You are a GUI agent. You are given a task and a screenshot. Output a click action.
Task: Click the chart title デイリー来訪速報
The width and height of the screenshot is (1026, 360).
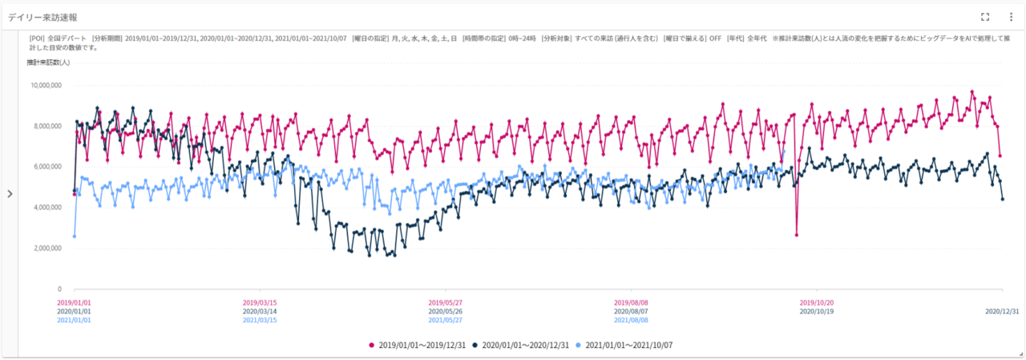(x=42, y=17)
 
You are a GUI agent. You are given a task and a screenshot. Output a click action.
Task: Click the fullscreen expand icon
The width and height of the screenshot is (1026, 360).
(x=985, y=17)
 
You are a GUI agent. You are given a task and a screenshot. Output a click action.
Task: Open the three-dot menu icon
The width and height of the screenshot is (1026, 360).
(x=1011, y=17)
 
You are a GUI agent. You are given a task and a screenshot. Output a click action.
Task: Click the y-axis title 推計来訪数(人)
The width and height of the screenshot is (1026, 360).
(x=48, y=63)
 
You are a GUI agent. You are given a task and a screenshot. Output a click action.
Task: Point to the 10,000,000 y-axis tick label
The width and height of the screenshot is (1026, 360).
(x=45, y=85)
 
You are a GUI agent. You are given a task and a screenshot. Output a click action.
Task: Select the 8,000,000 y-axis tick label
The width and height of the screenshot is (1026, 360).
(x=46, y=126)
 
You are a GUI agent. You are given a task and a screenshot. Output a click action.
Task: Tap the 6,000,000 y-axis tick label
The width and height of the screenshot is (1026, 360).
(x=46, y=167)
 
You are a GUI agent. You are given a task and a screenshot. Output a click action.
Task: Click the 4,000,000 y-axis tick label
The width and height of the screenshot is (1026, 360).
(x=46, y=208)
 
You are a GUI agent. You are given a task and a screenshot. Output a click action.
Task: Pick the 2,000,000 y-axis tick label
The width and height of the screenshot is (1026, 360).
(x=46, y=249)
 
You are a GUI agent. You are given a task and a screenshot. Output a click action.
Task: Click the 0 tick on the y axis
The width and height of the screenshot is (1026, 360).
(x=59, y=289)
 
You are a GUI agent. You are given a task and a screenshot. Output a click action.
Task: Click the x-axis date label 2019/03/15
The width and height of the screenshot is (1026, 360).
(x=260, y=302)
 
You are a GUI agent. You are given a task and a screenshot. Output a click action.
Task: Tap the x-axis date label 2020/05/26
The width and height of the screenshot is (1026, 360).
(x=446, y=311)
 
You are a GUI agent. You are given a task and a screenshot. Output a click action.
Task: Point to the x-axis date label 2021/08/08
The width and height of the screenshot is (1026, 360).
(x=632, y=320)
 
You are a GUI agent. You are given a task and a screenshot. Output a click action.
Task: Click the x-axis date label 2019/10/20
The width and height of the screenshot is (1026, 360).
(x=818, y=302)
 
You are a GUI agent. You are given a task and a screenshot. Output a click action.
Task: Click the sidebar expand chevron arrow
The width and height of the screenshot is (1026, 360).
(x=10, y=193)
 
